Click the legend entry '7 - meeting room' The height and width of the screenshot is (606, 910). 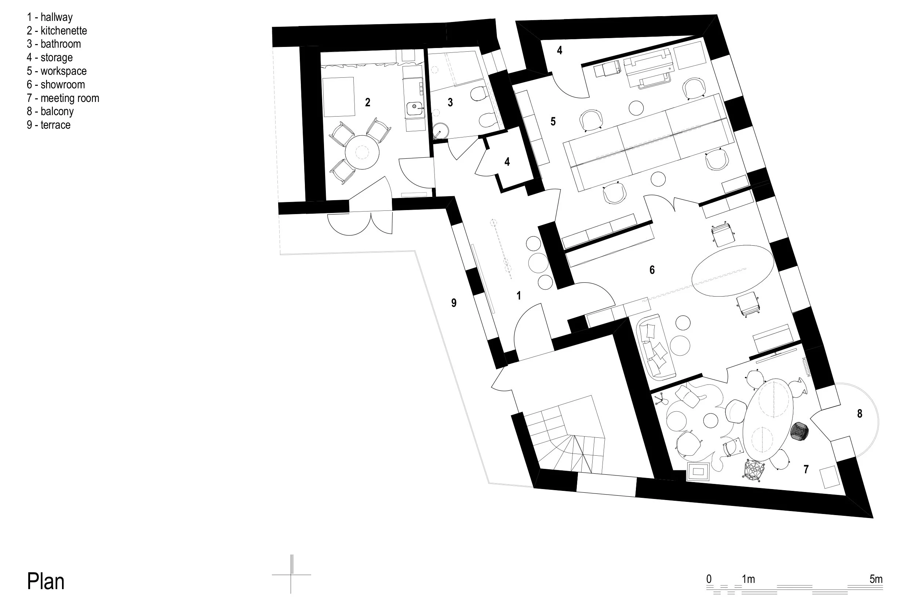(x=63, y=98)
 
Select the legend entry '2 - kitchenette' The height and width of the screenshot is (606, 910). (x=57, y=30)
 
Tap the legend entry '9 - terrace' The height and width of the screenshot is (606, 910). (x=48, y=125)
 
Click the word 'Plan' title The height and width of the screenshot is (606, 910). (x=45, y=581)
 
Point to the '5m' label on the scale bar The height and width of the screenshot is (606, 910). (x=876, y=579)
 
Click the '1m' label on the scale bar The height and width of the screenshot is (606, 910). (x=748, y=579)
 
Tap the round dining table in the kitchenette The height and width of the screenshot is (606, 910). (x=362, y=152)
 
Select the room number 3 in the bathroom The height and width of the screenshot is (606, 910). (x=450, y=102)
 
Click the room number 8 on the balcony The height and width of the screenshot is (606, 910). (x=860, y=414)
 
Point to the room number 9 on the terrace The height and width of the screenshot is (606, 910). (x=454, y=302)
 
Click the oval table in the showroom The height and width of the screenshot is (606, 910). (x=732, y=271)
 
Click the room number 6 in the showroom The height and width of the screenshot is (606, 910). (x=652, y=270)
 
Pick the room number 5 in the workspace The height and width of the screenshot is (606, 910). (x=553, y=121)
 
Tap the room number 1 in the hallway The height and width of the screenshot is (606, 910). (x=518, y=295)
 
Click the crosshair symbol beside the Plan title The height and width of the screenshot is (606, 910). (x=292, y=574)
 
